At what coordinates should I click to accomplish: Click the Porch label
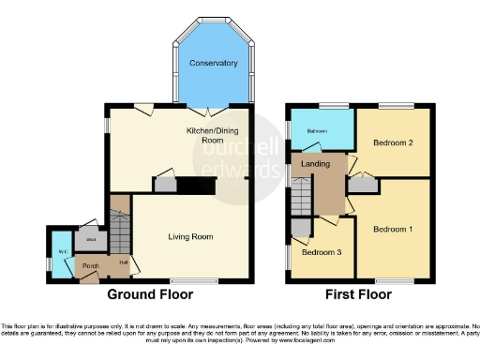(91, 267)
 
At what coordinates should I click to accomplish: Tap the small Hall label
(123, 262)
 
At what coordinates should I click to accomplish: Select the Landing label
(315, 167)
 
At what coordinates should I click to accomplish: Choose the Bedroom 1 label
(392, 229)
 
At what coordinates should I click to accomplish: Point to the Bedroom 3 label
(321, 251)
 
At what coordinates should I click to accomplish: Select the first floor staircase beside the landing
(300, 197)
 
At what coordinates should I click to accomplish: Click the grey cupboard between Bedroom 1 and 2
(357, 186)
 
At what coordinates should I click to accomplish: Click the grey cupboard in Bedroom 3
(300, 226)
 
